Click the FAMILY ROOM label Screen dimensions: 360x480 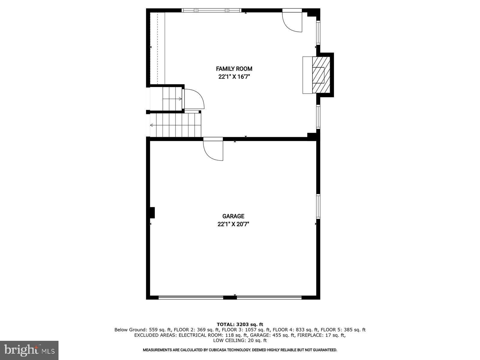point(234,69)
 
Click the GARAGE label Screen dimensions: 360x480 point(233,216)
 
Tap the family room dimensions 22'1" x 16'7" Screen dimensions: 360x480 point(234,77)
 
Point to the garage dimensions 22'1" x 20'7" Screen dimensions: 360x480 point(233,224)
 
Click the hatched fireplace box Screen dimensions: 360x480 point(321,75)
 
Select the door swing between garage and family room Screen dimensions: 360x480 point(213,149)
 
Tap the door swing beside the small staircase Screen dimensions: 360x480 point(193,99)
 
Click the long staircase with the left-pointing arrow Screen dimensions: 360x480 point(175,125)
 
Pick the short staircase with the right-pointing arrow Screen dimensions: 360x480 point(172,98)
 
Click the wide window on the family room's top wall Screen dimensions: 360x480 point(211,10)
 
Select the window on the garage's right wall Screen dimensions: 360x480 point(318,206)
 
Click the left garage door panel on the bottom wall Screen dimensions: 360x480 point(191,298)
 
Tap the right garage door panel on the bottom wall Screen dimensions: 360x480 point(269,298)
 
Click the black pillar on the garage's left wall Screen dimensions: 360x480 point(152,212)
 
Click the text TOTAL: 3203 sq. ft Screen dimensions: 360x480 point(240,324)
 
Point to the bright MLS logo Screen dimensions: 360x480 point(29,350)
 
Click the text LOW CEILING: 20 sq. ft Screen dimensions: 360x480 point(240,340)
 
